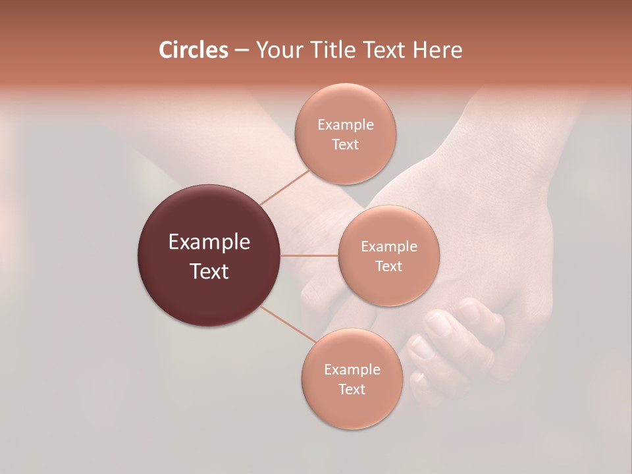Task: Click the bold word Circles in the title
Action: [193, 50]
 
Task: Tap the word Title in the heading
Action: [332, 50]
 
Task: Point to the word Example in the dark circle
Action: [209, 242]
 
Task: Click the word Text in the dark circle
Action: [209, 271]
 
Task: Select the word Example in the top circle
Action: [345, 125]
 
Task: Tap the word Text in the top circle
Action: [345, 145]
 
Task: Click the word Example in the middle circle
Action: [389, 247]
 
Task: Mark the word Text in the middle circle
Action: [389, 267]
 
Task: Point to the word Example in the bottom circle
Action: [352, 370]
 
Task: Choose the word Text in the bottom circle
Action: [352, 390]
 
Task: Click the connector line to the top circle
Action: [284, 187]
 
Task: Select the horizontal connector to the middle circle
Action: [309, 255]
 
